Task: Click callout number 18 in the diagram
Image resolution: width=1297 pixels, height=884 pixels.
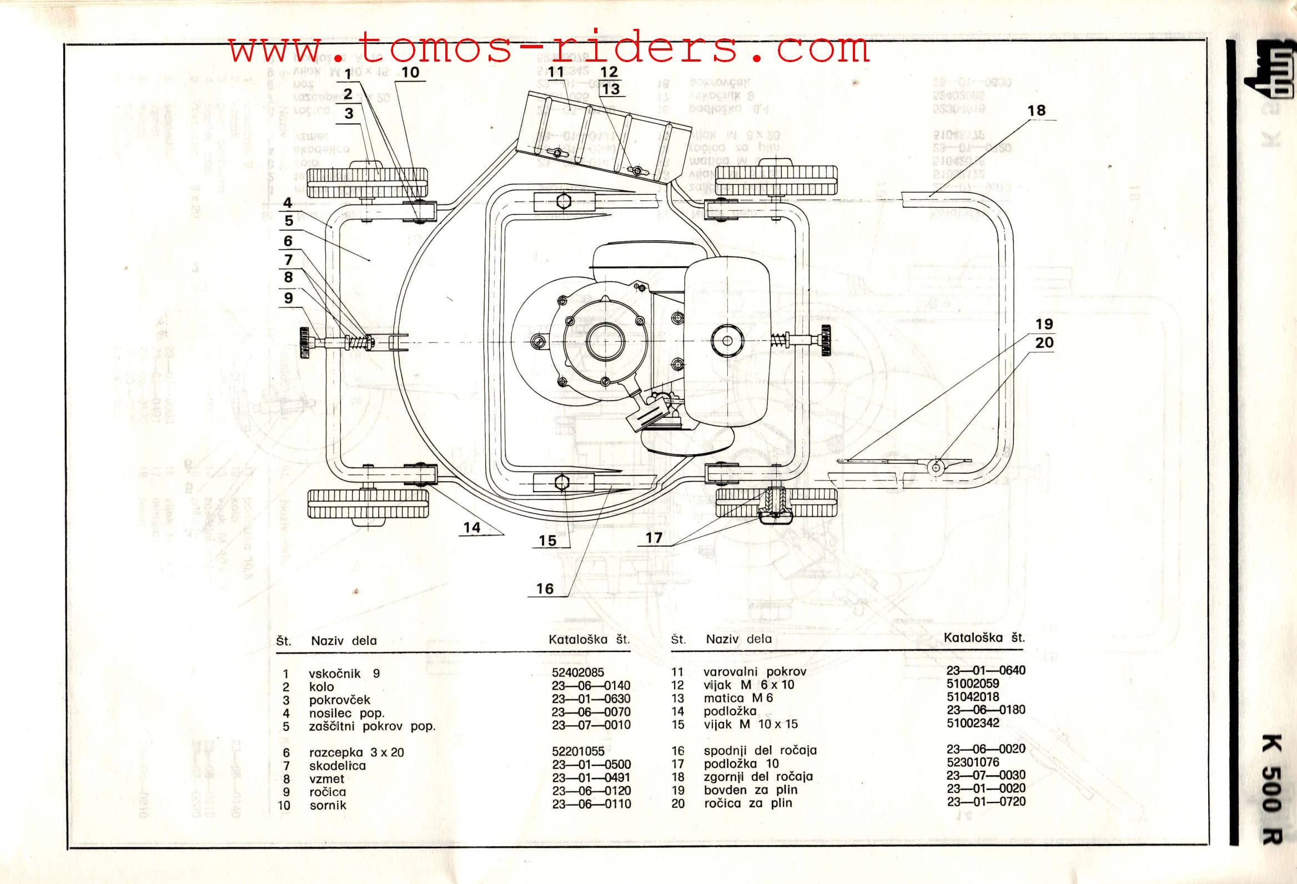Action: pos(1037,110)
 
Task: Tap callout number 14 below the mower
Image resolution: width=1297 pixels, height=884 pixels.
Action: pos(471,527)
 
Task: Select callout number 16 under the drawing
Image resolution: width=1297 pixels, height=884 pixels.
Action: pos(545,588)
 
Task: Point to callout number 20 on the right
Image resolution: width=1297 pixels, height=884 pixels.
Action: pos(1044,342)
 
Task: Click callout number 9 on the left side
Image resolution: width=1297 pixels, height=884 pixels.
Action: pos(288,297)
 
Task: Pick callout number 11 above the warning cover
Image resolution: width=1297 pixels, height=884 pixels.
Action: pos(556,72)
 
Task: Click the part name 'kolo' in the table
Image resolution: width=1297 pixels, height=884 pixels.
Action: pos(321,686)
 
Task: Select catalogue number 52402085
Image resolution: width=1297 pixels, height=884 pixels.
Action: pos(577,673)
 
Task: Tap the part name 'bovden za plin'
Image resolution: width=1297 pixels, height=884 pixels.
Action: pos(751,790)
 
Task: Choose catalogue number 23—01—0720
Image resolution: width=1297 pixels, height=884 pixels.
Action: pos(986,801)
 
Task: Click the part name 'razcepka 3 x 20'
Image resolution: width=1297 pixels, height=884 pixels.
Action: pos(356,752)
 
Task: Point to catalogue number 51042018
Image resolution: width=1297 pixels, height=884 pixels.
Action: pos(973,696)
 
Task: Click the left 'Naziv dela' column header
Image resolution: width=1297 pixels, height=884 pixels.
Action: pos(344,641)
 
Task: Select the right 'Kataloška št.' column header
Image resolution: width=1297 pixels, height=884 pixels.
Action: pos(984,638)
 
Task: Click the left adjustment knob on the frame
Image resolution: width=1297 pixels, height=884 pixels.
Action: pos(305,342)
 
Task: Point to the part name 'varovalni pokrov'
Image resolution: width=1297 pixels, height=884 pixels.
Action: pos(755,671)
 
